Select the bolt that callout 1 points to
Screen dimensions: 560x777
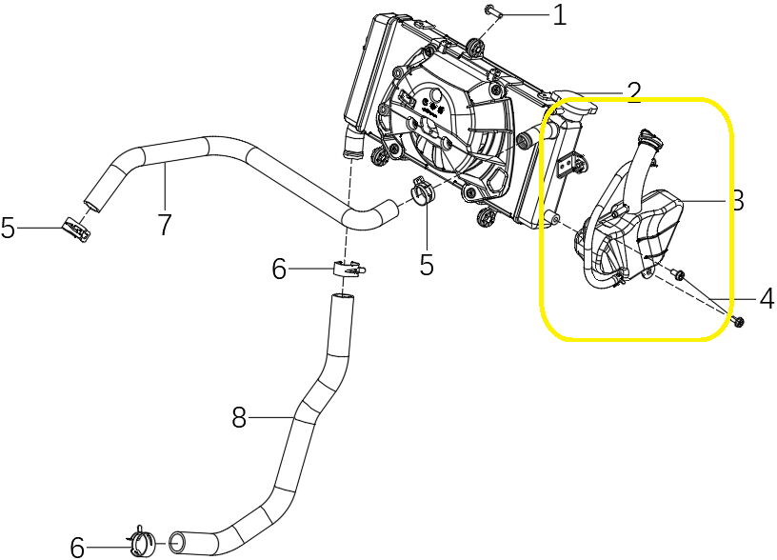490,10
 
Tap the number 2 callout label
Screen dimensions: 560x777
634,92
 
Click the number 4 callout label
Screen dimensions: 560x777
766,299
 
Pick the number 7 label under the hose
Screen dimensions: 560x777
165,225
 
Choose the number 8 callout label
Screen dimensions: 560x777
239,417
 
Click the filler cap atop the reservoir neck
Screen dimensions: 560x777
647,137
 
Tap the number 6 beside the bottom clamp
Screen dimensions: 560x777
78,547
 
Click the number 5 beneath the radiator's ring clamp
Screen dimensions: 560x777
426,265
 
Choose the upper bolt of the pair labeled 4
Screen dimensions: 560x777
677,275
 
